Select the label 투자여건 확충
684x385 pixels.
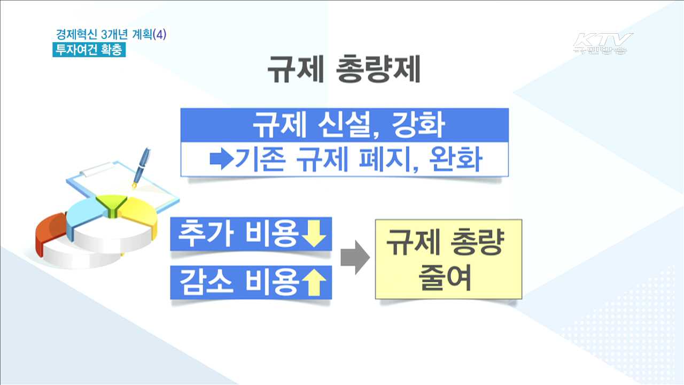point(89,50)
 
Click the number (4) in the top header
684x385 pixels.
point(160,35)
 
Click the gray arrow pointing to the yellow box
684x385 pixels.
point(355,258)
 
